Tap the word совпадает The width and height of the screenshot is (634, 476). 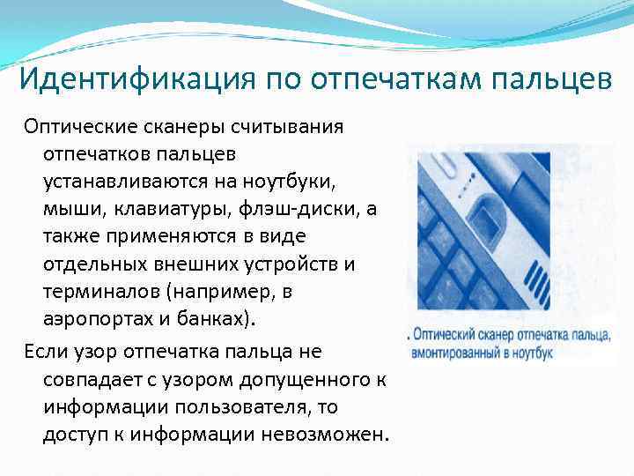[91, 379]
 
